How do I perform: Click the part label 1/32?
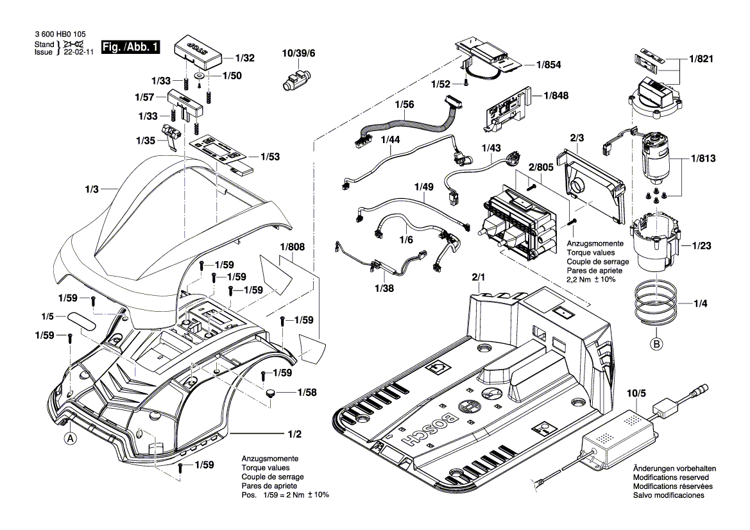(x=244, y=58)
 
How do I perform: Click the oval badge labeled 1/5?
(x=85, y=321)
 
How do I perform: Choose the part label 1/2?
(x=294, y=434)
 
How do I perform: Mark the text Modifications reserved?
(x=670, y=478)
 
